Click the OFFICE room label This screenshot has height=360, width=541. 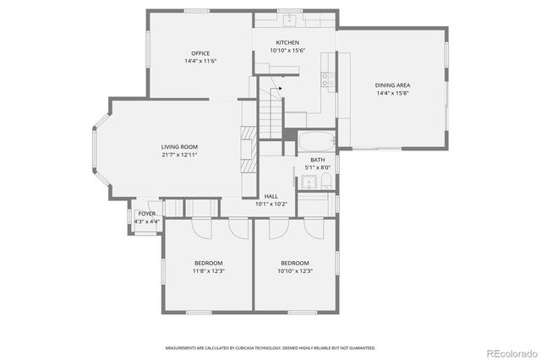tap(200, 53)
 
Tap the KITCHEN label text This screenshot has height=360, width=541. tap(287, 43)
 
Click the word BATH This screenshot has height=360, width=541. tap(317, 160)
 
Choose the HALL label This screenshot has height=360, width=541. tap(271, 196)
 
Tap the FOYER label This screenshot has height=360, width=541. tap(146, 214)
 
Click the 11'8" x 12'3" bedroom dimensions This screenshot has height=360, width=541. tap(208, 270)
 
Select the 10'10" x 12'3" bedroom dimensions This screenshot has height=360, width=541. tap(295, 270)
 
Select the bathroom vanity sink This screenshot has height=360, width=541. tap(308, 183)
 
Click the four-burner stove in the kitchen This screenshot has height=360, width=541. tap(326, 80)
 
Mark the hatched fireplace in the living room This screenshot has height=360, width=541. tap(248, 150)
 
